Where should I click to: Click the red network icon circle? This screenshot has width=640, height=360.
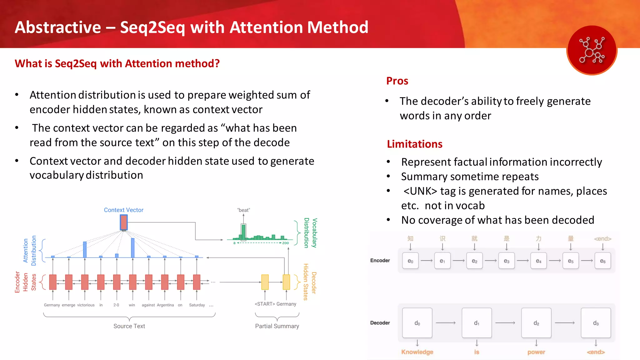tap(592, 50)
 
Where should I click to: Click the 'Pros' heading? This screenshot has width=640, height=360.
tap(397, 81)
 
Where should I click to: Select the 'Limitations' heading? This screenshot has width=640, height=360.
tap(414, 144)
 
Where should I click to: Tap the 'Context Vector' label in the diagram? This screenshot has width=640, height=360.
tap(123, 210)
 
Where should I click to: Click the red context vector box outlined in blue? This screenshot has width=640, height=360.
tap(124, 222)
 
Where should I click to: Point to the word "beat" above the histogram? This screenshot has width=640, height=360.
tap(243, 210)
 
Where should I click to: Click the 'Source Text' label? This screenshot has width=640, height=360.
tap(129, 326)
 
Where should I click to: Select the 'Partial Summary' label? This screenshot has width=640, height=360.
tap(277, 326)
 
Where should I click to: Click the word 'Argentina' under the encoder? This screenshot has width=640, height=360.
tap(165, 305)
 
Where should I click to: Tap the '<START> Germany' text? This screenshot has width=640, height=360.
tap(275, 304)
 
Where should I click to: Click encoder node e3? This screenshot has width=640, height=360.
tap(507, 261)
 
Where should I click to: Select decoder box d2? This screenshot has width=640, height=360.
tap(536, 323)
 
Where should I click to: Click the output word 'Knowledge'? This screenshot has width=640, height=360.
tap(417, 352)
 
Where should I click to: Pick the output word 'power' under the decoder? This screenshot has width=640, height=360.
tap(536, 352)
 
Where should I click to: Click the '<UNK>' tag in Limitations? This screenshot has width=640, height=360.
tap(420, 191)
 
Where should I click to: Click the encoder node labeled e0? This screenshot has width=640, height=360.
tap(410, 261)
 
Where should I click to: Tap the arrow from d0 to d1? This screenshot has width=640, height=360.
tap(446, 323)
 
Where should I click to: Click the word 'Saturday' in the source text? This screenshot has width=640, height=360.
tap(197, 305)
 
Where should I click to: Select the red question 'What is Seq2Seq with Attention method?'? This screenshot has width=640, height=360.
tap(117, 63)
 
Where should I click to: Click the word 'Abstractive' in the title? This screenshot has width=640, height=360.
tap(58, 27)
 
